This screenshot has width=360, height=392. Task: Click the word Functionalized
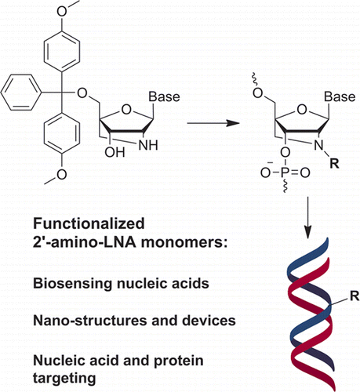pyautogui.click(x=89, y=223)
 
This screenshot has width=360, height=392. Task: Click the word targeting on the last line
pyautogui.click(x=64, y=379)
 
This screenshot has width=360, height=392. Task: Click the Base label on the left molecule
pyautogui.click(x=164, y=97)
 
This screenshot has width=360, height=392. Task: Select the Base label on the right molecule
pyautogui.click(x=340, y=97)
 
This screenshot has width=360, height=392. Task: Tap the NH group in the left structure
pyautogui.click(x=148, y=145)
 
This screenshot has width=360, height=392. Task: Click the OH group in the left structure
pyautogui.click(x=115, y=151)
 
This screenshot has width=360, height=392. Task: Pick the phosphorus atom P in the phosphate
pyautogui.click(x=285, y=172)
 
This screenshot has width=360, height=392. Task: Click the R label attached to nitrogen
pyautogui.click(x=334, y=163)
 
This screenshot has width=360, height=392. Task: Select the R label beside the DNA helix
pyautogui.click(x=355, y=296)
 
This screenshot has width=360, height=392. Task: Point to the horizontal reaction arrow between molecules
pyautogui.click(x=213, y=123)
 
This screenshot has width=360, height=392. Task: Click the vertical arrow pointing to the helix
pyautogui.click(x=308, y=217)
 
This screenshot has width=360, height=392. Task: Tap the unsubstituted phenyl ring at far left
pyautogui.click(x=21, y=93)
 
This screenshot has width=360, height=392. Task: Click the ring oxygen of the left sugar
pyautogui.click(x=126, y=109)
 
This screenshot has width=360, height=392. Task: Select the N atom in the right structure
pyautogui.click(x=318, y=145)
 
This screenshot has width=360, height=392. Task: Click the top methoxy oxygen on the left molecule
pyautogui.click(x=62, y=11)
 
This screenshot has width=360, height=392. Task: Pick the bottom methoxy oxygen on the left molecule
pyautogui.click(x=62, y=174)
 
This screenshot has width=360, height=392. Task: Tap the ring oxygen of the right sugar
pyautogui.click(x=302, y=109)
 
